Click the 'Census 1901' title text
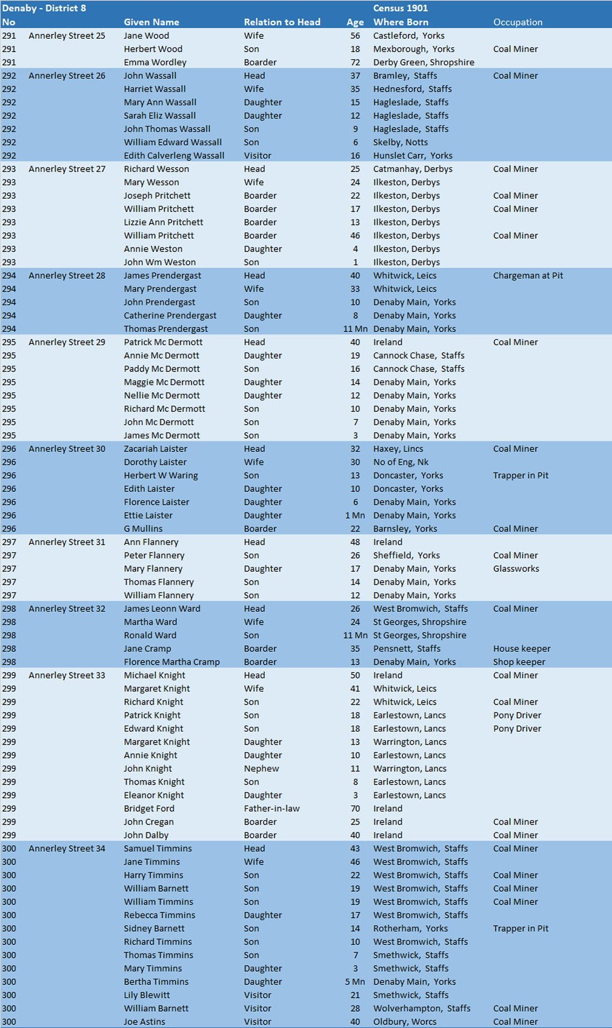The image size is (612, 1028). pos(401,8)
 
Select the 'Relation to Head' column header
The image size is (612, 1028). pos(282,22)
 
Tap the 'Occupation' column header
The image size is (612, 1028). pos(517,22)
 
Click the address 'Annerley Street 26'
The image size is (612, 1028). pos(67,76)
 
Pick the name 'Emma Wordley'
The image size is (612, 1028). pos(155,62)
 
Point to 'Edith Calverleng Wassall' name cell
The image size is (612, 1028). pos(174,156)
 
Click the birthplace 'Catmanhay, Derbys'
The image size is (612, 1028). pos(413,169)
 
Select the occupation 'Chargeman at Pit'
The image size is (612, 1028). pos(528,276)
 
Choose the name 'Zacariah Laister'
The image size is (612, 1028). pos(156,449)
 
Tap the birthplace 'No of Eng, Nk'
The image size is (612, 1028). pos(401,462)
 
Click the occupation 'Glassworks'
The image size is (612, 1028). pos(516,569)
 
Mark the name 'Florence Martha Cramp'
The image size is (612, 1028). pos(171,662)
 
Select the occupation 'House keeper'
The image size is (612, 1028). pos(522,649)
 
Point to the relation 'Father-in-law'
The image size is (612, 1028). pos(271,809)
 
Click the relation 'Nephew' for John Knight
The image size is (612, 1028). pos(261,769)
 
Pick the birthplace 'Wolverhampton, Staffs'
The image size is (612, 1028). pos(422,1009)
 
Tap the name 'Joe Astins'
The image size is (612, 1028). pos(144,1022)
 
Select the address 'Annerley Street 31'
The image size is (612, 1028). pos(67,542)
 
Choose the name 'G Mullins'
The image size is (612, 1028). pos(143,529)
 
